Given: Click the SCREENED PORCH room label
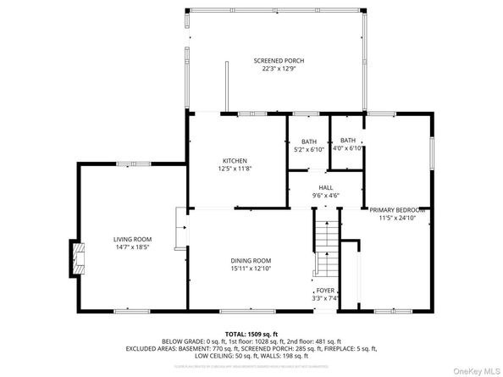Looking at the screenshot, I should click(278, 61).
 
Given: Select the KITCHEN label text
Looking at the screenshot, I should click(235, 161).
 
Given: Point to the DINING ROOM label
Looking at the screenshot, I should click(251, 260).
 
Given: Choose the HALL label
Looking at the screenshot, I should click(325, 187).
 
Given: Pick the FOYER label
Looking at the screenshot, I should click(326, 290).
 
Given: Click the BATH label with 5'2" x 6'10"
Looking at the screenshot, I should click(309, 141).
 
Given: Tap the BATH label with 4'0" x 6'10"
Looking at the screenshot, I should click(349, 141).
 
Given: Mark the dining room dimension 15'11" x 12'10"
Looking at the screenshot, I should click(251, 268).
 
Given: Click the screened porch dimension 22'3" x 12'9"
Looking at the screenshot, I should click(278, 69).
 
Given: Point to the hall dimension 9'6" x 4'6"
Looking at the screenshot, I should click(325, 195).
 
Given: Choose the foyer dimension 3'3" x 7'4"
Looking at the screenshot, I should click(326, 297).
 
